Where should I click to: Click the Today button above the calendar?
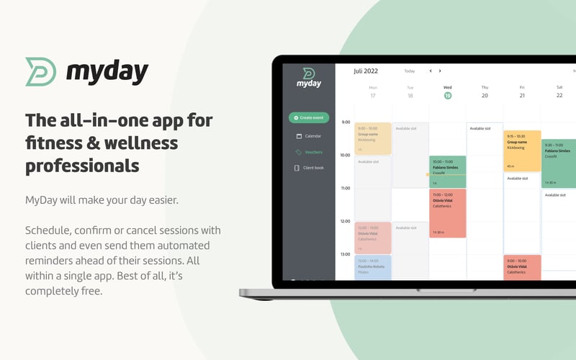point(409,71)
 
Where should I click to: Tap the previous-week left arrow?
point(431,71)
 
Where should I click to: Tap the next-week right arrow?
point(440,71)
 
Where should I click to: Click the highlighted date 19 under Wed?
point(447,95)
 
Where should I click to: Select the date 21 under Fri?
point(521,95)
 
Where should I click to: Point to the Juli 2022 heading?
point(365,71)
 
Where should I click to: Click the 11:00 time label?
point(345,188)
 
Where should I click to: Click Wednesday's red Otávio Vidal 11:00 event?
point(447,212)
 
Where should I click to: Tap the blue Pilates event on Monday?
point(372,267)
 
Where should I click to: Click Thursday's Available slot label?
point(480,129)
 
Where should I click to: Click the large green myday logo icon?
point(41,72)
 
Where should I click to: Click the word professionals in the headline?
point(81,166)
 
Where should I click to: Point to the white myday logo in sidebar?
point(307,78)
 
